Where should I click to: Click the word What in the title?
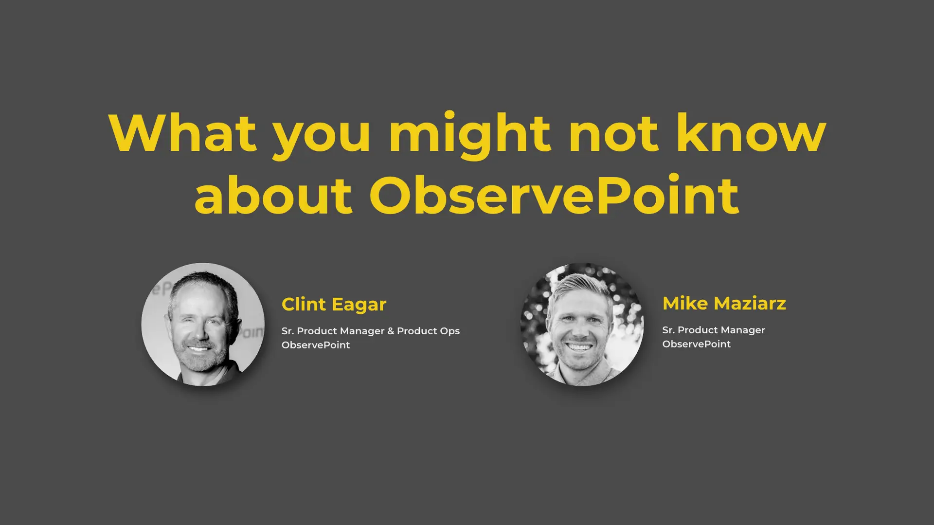[x=182, y=132]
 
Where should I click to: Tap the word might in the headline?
[x=470, y=136]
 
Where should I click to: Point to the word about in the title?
[x=273, y=194]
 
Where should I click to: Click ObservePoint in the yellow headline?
[x=554, y=194]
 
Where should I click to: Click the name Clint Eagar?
[x=334, y=304]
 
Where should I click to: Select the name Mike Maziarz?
[x=724, y=303]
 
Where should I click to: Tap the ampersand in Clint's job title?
[x=391, y=331]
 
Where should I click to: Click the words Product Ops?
[x=428, y=331]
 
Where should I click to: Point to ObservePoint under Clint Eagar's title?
[x=316, y=345]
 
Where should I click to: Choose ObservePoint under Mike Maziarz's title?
[x=696, y=344]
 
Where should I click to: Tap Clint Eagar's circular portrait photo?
[x=203, y=325]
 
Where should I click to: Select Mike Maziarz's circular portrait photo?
[x=582, y=325]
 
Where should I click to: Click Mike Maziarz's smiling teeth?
[x=579, y=347]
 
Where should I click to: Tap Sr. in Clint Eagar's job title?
[x=287, y=331]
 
